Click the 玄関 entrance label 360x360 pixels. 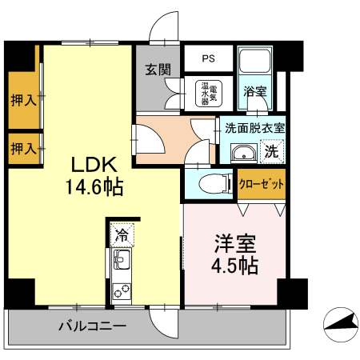pos(158,70)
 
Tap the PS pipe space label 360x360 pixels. pos(208,58)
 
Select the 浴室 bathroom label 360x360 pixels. pos(255,91)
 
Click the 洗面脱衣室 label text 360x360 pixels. pos(254,127)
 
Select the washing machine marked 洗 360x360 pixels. pos(271,150)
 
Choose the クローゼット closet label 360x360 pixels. pos(262,183)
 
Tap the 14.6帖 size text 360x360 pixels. pos(94,189)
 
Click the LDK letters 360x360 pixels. pos(95,166)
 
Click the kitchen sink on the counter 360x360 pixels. pos(122,260)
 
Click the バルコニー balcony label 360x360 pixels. pos(92,326)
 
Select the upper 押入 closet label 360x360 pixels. pos(23,101)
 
